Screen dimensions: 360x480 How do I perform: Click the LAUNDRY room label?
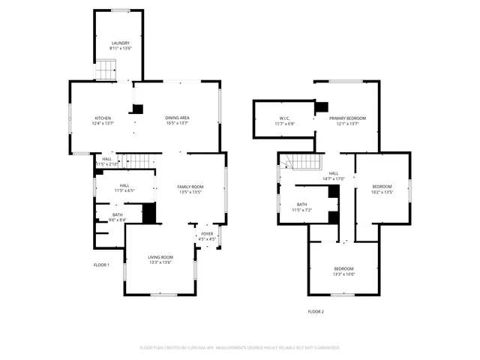click(121, 43)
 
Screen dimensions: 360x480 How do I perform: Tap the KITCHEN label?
click(103, 118)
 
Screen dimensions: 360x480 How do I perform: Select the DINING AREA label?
click(177, 118)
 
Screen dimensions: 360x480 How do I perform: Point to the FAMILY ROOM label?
click(190, 187)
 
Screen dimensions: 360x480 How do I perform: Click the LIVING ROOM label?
click(161, 257)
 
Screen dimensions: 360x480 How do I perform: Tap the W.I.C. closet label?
click(284, 118)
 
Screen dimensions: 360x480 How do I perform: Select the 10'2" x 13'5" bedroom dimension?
click(382, 192)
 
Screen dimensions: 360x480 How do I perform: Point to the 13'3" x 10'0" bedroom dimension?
click(344, 274)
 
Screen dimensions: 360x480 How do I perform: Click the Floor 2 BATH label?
click(301, 204)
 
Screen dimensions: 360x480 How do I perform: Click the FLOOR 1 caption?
click(101, 265)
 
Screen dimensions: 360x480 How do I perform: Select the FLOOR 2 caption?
click(316, 311)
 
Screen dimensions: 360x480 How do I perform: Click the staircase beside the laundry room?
click(106, 71)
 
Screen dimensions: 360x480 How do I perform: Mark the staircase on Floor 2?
click(305, 160)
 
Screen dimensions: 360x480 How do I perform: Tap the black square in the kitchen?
click(137, 109)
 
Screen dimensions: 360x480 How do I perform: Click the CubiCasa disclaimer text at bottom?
click(239, 348)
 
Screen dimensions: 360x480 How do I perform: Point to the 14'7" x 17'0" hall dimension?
click(334, 179)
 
